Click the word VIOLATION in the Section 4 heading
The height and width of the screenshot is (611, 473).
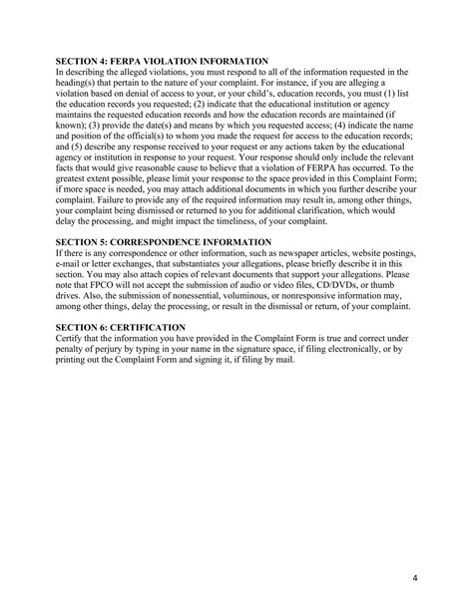[x=170, y=63]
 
